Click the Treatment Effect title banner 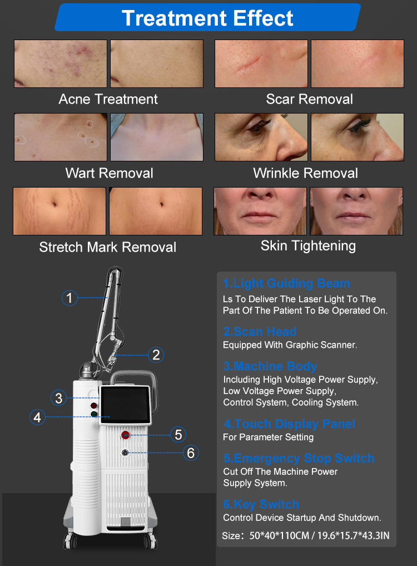tap(208, 17)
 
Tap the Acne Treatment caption tap(108, 99)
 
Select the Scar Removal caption tap(310, 99)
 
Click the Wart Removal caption tap(110, 173)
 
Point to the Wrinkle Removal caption tap(306, 173)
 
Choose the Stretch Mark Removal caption tap(107, 247)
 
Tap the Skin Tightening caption tap(309, 246)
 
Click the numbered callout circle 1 tap(69, 298)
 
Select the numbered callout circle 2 tap(156, 355)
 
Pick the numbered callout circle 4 tap(37, 417)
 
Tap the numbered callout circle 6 tap(191, 452)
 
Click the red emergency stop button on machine tap(126, 435)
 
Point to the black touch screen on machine tap(125, 404)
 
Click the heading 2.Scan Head tap(260, 331)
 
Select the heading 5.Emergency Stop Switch tap(299, 458)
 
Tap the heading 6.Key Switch tap(261, 504)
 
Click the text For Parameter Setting tap(269, 437)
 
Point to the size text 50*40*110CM tap(279, 536)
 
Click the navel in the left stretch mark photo tap(54, 205)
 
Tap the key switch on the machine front tap(125, 452)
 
